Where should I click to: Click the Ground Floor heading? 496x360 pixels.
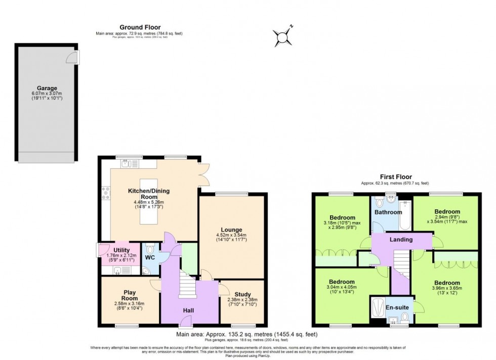140,27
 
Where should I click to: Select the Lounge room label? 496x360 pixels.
231,230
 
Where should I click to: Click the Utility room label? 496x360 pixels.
121,250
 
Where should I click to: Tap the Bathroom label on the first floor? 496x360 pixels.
388,212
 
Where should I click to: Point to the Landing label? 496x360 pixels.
400,240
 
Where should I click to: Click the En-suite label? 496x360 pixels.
397,306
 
